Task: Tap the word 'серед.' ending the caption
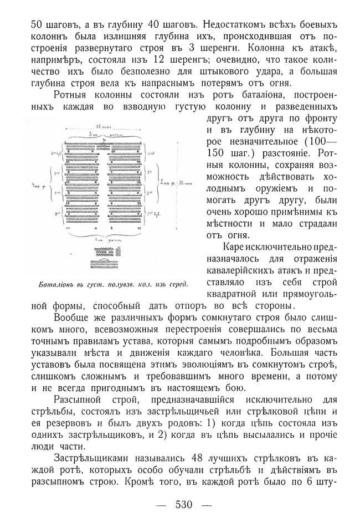click(x=176, y=285)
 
